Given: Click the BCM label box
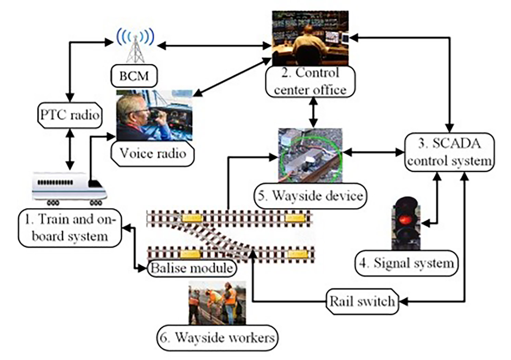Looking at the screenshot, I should pyautogui.click(x=134, y=76).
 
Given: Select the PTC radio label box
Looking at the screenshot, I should pyautogui.click(x=70, y=115).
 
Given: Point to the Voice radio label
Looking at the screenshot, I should pyautogui.click(x=153, y=154).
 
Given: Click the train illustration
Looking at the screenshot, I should pyautogui.click(x=69, y=188).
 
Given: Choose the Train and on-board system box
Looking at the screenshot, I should pyautogui.click(x=70, y=228).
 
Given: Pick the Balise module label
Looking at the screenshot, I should pyautogui.click(x=192, y=268).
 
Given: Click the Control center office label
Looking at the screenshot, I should pyautogui.click(x=310, y=82).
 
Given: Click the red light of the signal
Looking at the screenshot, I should pyautogui.click(x=406, y=218).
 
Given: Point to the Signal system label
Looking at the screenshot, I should pyautogui.click(x=406, y=263).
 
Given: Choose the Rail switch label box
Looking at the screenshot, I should pyautogui.click(x=362, y=302).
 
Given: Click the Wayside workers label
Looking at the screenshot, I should pyautogui.click(x=217, y=338).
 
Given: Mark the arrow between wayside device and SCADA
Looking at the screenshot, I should pyautogui.click(x=374, y=152).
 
